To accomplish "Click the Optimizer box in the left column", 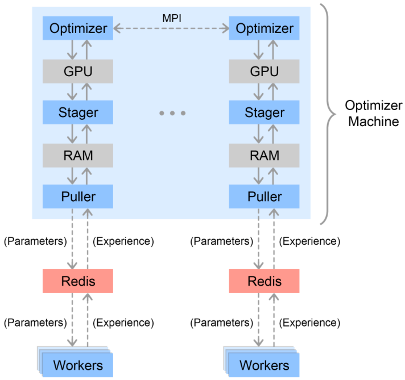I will pos(78,28).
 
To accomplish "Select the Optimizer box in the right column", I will pos(264,28).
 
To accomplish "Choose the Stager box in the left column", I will pos(78,112).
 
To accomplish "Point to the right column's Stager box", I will pos(264,112).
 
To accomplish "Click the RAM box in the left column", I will pos(78,155).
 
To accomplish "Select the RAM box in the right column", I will pos(264,155).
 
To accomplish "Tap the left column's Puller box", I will pos(78,197).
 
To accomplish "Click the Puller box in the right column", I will pos(264,197).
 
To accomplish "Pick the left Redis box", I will pos(78,281).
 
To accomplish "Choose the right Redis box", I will pos(264,281).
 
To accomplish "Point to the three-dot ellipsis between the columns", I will pos(172,114).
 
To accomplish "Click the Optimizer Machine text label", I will pos(373,113).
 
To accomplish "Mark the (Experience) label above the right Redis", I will pos(310,241).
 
